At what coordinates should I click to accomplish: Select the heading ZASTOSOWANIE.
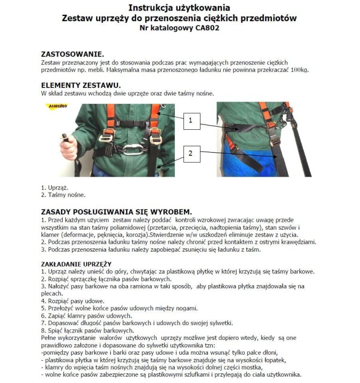[72, 54]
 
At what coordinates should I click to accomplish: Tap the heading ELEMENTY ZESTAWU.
[81, 85]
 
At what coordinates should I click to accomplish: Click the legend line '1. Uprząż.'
[55, 187]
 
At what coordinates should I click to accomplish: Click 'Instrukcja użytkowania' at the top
[179, 7]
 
